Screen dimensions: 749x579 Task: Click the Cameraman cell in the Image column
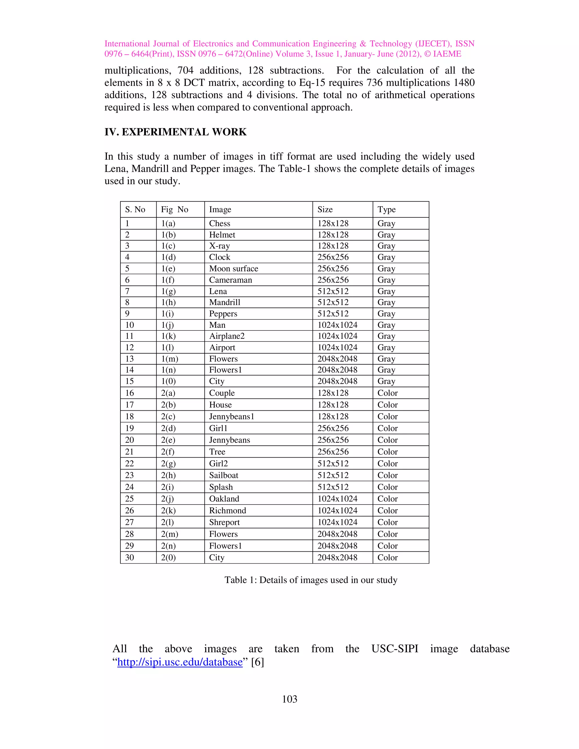[x=230, y=280]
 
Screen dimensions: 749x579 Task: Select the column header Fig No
[x=175, y=209]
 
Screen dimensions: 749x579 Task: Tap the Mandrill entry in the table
[x=225, y=302]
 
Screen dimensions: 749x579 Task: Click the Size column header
[x=325, y=209]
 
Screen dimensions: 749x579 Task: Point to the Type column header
[x=386, y=209]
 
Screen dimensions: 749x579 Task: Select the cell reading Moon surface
[x=234, y=269]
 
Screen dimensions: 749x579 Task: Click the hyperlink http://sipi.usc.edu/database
[x=180, y=662]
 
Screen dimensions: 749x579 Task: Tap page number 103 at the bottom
[x=289, y=699]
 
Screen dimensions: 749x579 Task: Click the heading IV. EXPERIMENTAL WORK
[x=175, y=132]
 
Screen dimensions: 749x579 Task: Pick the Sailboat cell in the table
[x=224, y=475]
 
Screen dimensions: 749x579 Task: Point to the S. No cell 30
[x=129, y=558]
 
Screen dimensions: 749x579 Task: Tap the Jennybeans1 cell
[x=232, y=417]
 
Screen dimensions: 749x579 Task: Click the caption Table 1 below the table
[x=311, y=580]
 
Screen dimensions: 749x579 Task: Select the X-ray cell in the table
[x=219, y=246]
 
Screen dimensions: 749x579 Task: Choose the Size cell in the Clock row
[x=333, y=257]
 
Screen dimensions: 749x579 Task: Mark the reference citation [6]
[x=258, y=662]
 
